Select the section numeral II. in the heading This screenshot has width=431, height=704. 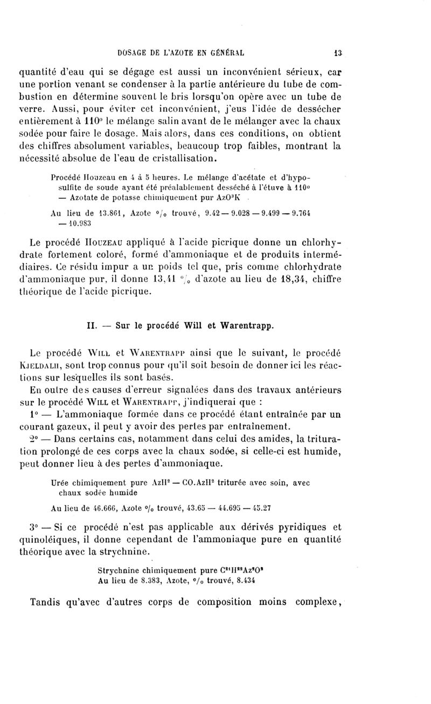(x=92, y=325)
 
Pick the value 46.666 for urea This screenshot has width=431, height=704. (x=93, y=507)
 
